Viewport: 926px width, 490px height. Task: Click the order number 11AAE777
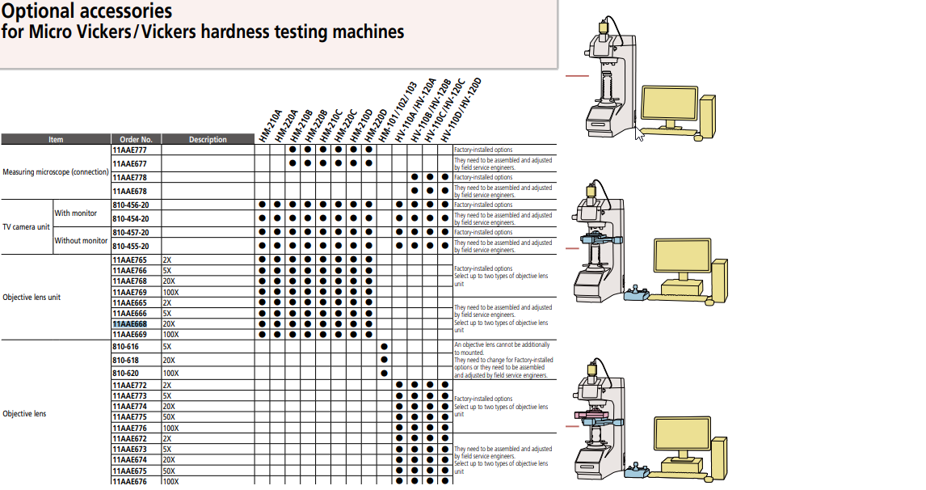(x=129, y=150)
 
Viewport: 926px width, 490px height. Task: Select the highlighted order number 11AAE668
(x=129, y=324)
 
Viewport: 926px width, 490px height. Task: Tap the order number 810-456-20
(x=131, y=205)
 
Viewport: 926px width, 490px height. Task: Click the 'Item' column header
(x=56, y=140)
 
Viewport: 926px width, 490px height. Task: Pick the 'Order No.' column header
(x=136, y=140)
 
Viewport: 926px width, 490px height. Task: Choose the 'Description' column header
(x=208, y=140)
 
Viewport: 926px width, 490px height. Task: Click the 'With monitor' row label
(x=76, y=213)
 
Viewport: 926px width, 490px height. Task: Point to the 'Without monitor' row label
(x=81, y=240)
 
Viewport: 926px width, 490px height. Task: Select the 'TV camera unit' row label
(x=27, y=226)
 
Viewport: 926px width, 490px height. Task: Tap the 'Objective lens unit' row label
(x=32, y=297)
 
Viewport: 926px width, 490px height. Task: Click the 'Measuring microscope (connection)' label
(x=56, y=171)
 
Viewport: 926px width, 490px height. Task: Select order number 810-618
(x=125, y=360)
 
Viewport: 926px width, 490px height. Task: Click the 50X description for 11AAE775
(x=168, y=417)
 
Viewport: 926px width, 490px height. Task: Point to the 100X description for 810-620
(x=170, y=374)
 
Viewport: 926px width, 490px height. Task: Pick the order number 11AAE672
(x=129, y=438)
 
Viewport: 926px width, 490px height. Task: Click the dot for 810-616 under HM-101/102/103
(x=384, y=346)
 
